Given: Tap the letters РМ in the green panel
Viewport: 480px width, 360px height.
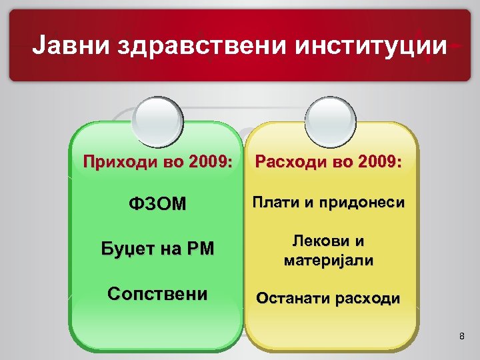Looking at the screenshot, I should click(x=200, y=249).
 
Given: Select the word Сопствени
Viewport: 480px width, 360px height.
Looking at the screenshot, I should click(x=157, y=293).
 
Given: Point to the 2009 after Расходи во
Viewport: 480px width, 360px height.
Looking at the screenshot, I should click(x=378, y=161).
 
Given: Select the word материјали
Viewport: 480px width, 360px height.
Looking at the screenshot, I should click(x=329, y=259).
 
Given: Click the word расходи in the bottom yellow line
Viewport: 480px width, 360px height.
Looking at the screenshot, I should click(x=367, y=297).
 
